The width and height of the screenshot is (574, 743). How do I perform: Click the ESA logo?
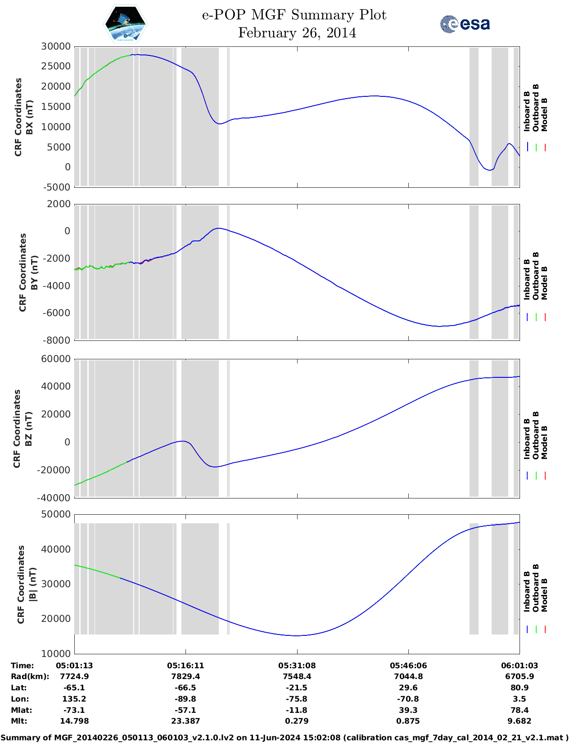tap(465, 24)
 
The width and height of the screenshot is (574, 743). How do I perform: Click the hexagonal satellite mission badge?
tap(126, 24)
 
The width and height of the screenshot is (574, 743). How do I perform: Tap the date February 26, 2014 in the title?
tap(297, 33)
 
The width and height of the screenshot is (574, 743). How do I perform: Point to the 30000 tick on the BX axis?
tap(56, 46)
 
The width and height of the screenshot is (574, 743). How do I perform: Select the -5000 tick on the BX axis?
tap(57, 187)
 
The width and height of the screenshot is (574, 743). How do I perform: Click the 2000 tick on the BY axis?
tap(59, 204)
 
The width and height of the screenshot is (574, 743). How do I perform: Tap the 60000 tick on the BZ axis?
tap(56, 359)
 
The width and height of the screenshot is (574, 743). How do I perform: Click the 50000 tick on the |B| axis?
tap(56, 514)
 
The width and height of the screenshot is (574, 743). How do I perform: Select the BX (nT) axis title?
tap(30, 117)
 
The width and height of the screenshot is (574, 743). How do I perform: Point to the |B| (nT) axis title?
tap(32, 584)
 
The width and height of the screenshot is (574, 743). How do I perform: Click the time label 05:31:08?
tap(297, 666)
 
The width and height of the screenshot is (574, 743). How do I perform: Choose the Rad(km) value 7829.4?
tap(185, 676)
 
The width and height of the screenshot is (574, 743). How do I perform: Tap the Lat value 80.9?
tap(520, 688)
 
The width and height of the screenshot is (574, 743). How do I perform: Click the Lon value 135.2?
tap(74, 699)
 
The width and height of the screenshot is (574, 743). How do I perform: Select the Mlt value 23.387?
tap(185, 721)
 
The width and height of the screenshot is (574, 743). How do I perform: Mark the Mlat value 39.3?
tap(408, 710)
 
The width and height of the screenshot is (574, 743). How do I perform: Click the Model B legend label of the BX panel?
tap(544, 114)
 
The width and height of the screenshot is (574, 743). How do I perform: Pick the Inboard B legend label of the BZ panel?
tap(527, 439)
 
